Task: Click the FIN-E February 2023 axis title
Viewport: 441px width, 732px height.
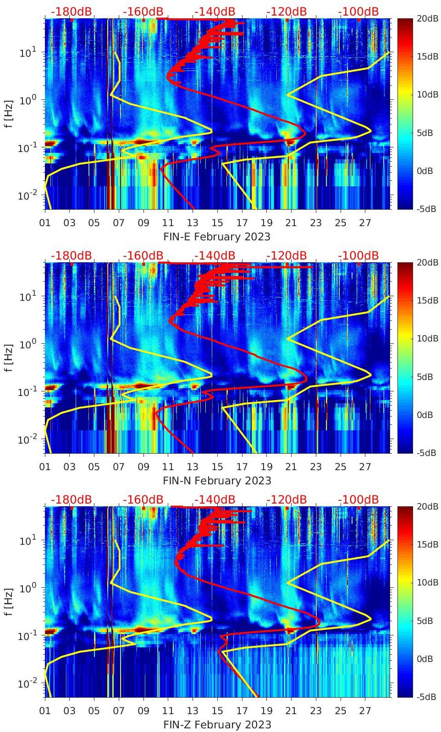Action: tap(217, 237)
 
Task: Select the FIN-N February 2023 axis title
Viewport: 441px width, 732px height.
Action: tap(217, 481)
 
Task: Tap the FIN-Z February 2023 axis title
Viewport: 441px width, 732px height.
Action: tap(217, 725)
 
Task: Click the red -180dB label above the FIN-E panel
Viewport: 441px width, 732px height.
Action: tap(71, 11)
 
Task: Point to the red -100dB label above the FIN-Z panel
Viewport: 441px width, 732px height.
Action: tap(358, 499)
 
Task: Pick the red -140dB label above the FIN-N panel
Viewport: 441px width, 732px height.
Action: tap(215, 255)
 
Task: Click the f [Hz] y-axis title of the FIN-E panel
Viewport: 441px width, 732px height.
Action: tap(9, 114)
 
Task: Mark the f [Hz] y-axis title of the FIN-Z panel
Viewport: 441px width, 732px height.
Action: tap(9, 602)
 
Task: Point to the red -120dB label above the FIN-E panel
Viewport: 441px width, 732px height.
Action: tap(287, 11)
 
